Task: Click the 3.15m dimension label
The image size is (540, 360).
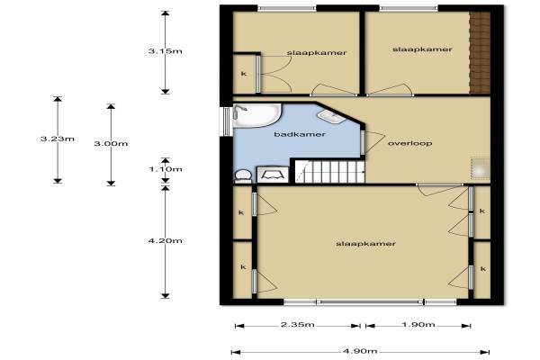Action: pyautogui.click(x=165, y=51)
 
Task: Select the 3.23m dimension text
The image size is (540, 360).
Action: pyautogui.click(x=58, y=139)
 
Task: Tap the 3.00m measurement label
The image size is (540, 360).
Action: pyautogui.click(x=111, y=143)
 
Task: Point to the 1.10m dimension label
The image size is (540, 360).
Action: pyautogui.click(x=165, y=169)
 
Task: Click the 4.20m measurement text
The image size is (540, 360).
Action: pyautogui.click(x=165, y=240)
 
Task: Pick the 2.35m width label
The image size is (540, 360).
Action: pyautogui.click(x=298, y=324)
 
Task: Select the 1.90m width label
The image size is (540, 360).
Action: pyautogui.click(x=418, y=324)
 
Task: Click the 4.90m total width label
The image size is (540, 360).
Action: pyautogui.click(x=360, y=351)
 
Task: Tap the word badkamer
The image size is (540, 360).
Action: pyautogui.click(x=300, y=134)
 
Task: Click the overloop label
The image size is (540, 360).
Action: pyautogui.click(x=409, y=143)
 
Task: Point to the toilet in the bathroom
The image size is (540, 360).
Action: pyautogui.click(x=243, y=175)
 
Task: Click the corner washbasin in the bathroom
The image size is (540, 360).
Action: pyautogui.click(x=331, y=117)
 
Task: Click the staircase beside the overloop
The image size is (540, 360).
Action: pyautogui.click(x=329, y=171)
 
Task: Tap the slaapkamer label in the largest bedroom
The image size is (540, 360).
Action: pyautogui.click(x=365, y=244)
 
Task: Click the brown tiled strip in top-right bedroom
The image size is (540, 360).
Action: pyautogui.click(x=480, y=52)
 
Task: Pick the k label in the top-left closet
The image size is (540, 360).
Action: pyautogui.click(x=244, y=74)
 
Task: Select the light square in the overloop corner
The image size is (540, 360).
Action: pyautogui.click(x=481, y=169)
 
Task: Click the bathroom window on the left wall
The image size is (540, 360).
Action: pyautogui.click(x=226, y=121)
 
